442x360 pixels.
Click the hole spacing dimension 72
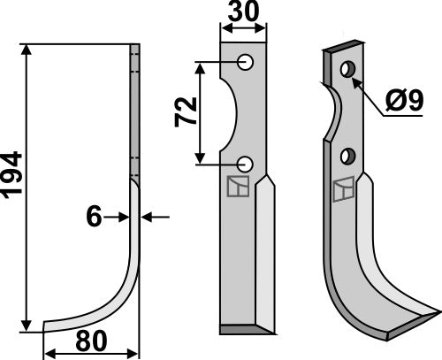pos(187,111)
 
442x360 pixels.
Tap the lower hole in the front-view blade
pos(246,163)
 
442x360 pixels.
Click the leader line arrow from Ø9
pos(356,80)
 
